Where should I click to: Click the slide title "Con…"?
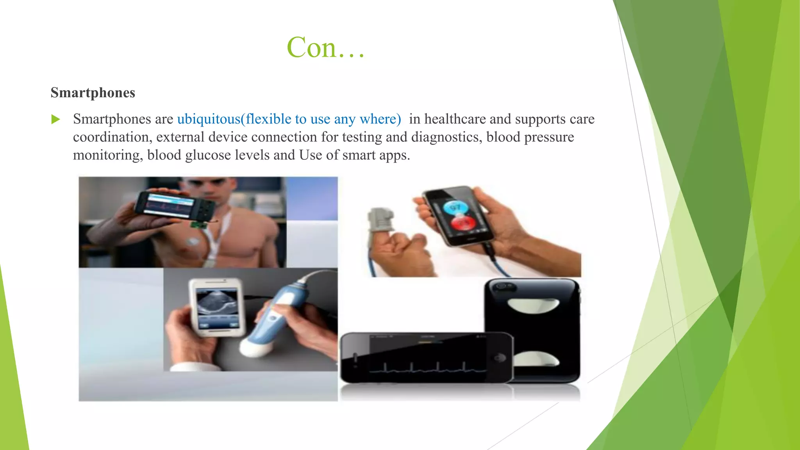[325, 47]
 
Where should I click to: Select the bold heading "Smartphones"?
[93, 93]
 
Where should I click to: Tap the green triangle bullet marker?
[56, 119]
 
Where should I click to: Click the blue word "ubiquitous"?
[209, 119]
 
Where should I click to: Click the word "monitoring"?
[108, 155]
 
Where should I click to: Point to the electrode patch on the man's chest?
[194, 242]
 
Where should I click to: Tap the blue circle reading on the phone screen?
[456, 207]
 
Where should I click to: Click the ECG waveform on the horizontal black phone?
[426, 367]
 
